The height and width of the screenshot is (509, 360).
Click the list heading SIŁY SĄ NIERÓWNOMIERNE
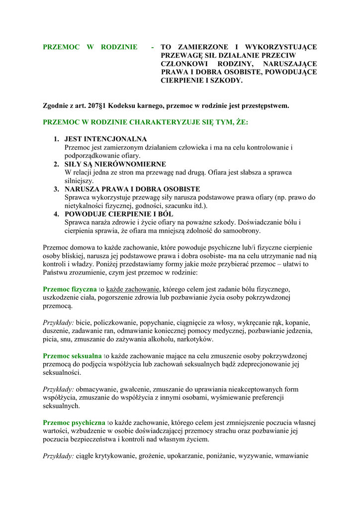[115, 164]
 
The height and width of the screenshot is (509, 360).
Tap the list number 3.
[56, 189]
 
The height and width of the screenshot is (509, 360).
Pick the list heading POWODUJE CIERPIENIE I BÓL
[118, 214]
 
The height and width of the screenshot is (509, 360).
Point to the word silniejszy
[79, 181]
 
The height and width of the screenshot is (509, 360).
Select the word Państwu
[56, 272]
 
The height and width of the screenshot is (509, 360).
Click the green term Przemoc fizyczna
[70, 289]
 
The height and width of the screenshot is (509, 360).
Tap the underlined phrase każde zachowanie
[133, 289]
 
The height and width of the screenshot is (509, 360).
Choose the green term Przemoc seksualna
[72, 356]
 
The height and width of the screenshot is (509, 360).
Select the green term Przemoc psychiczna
[74, 423]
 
